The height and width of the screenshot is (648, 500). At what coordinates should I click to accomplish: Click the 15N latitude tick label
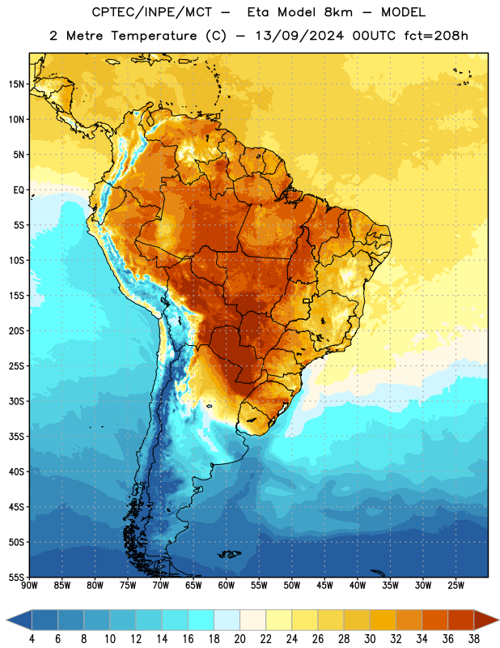[x=16, y=84]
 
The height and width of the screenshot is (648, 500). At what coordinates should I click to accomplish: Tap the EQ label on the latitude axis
[x=19, y=190]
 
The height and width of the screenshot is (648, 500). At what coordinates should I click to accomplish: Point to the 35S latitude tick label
[x=16, y=437]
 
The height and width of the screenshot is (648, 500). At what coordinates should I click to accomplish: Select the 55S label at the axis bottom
[x=16, y=577]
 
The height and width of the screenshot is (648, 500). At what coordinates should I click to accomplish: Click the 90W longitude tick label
[x=29, y=586]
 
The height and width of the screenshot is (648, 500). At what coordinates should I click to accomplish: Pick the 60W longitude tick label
[x=227, y=586]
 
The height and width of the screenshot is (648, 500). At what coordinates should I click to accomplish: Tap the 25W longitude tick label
[x=456, y=586]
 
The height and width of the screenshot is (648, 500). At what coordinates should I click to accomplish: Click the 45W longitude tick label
[x=325, y=586]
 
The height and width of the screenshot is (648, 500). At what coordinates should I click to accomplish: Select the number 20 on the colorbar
[x=239, y=639]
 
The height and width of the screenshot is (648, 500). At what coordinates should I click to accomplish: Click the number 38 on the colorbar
[x=474, y=639]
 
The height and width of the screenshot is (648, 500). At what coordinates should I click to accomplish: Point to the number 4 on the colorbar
[x=32, y=639]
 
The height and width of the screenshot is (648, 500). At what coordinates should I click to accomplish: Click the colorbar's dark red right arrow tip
[x=498, y=620]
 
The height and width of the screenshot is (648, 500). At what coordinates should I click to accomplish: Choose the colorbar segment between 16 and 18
[x=201, y=620]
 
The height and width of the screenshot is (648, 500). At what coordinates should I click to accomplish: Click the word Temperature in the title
[x=154, y=36]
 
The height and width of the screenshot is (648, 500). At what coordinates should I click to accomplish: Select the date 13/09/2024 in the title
[x=299, y=36]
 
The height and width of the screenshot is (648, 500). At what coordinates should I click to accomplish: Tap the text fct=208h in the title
[x=436, y=36]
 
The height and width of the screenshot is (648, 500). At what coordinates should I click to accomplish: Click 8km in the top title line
[x=338, y=12]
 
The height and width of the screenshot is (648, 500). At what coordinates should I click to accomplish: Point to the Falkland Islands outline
[x=229, y=554]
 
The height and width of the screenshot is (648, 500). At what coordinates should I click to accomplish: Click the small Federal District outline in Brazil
[x=307, y=301]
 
